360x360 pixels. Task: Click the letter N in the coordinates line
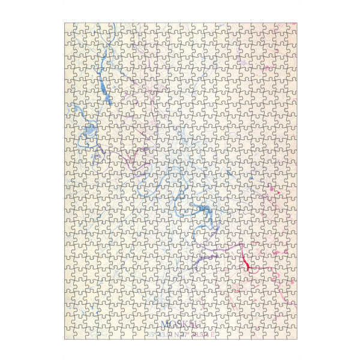pos(176,335)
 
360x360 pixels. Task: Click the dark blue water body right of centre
pos(203,209)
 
